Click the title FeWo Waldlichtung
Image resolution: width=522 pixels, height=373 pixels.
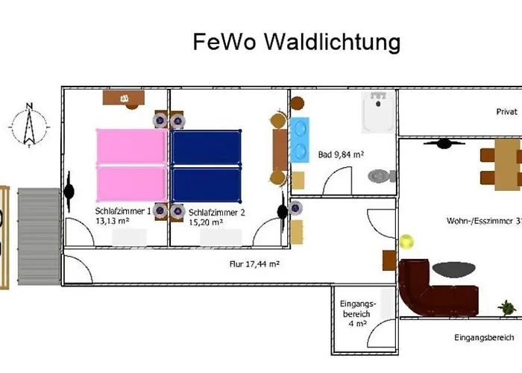(297, 42)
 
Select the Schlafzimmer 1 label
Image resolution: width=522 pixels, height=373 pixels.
(123, 216)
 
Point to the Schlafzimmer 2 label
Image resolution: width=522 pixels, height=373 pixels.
(217, 217)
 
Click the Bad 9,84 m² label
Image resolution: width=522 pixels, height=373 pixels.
(341, 154)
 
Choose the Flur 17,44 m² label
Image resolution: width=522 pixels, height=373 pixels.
(255, 264)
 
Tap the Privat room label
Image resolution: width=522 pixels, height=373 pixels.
(506, 112)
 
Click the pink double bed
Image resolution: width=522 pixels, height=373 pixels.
(132, 166)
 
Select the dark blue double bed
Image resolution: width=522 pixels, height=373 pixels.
(206, 166)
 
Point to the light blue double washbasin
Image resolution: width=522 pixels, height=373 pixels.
(299, 140)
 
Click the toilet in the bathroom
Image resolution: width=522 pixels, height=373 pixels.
(382, 176)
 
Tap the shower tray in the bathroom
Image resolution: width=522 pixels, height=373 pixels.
(379, 112)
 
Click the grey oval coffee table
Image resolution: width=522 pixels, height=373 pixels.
(453, 269)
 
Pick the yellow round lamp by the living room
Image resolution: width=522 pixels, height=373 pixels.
(406, 242)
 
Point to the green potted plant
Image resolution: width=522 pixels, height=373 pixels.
(507, 307)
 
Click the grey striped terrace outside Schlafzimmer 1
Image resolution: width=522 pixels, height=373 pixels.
(39, 236)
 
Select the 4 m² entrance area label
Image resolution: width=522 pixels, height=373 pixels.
(357, 313)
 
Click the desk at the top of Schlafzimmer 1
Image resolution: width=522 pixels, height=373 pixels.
(124, 98)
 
